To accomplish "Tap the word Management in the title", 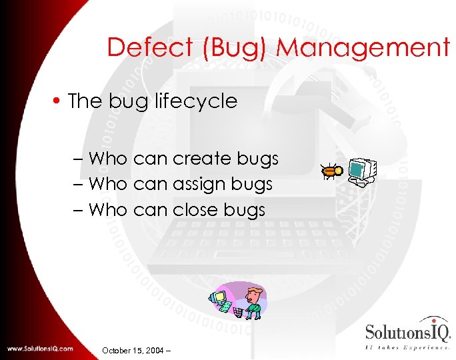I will coord(363,48).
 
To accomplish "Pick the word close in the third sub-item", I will coord(195,210).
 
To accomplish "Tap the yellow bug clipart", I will coord(332,173).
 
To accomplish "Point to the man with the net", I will coord(252,301).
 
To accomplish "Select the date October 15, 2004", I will coord(134,350).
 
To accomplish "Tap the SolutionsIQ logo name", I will coord(407,332).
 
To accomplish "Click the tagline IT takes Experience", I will coord(407,347).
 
